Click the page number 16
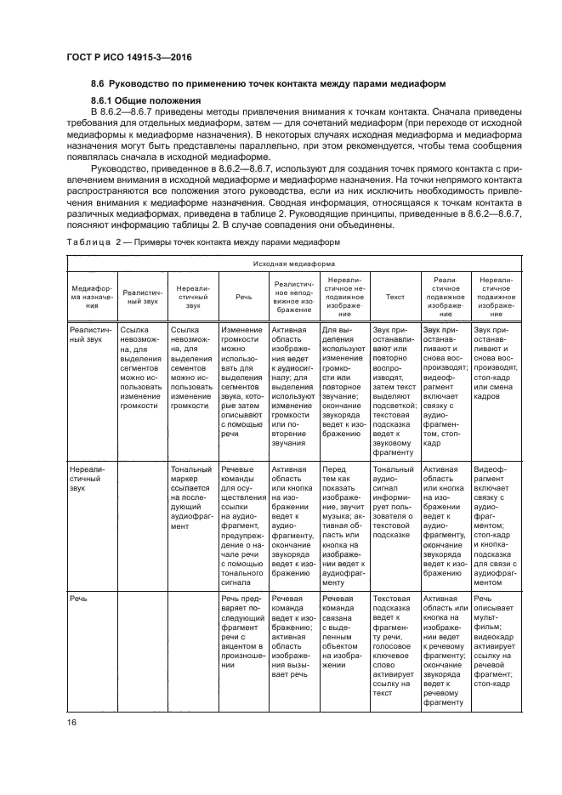coord(73,721)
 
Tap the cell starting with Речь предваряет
coord(243,633)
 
